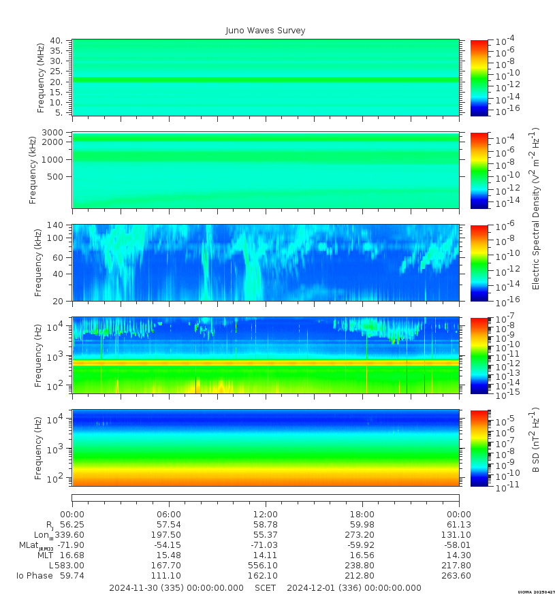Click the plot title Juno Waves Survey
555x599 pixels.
266,31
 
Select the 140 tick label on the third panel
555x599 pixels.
55,225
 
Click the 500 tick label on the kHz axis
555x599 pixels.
55,176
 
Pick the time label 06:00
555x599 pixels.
168,515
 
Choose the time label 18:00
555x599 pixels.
362,515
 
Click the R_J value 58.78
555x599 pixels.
265,525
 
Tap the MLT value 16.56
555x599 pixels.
362,555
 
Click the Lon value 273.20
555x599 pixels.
362,535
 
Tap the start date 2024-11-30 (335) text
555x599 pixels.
176,588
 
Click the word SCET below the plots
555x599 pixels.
266,588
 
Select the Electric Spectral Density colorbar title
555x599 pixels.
536,208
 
